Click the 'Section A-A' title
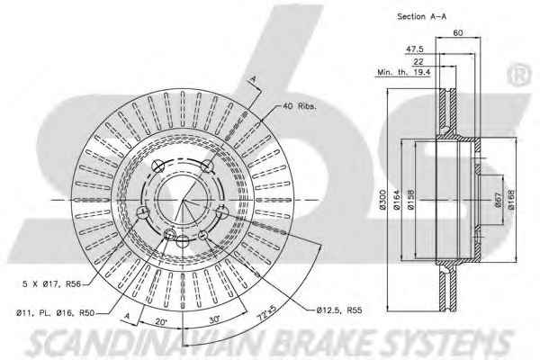point(421,16)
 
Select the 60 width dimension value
point(458,32)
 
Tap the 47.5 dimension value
point(414,49)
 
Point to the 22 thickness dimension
point(418,62)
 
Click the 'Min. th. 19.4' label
point(403,72)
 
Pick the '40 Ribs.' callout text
point(299,106)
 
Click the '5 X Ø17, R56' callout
point(51,283)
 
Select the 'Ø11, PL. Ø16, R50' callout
point(55,313)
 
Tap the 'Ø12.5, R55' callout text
point(339,310)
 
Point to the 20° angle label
point(161,322)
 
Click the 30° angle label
point(214,319)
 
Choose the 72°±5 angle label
point(267,311)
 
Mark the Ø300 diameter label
point(382,199)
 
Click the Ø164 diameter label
point(396,200)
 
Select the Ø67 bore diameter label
point(499,200)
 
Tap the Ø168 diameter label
point(510,200)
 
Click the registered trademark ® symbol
point(519,75)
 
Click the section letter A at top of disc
point(253,79)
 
